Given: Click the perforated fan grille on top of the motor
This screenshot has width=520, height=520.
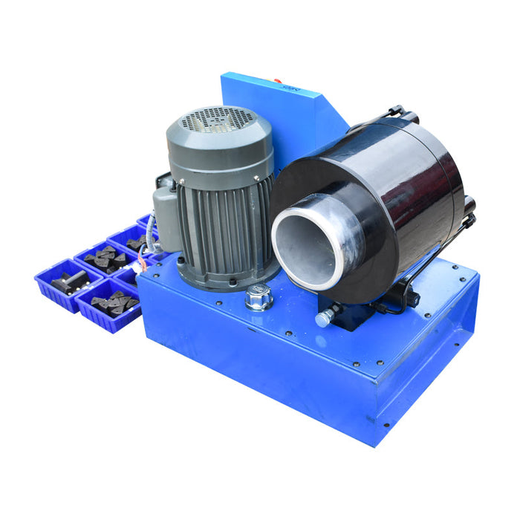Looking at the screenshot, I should pyautogui.click(x=218, y=119).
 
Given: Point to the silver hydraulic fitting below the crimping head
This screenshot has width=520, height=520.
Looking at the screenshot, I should pyautogui.click(x=325, y=319).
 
